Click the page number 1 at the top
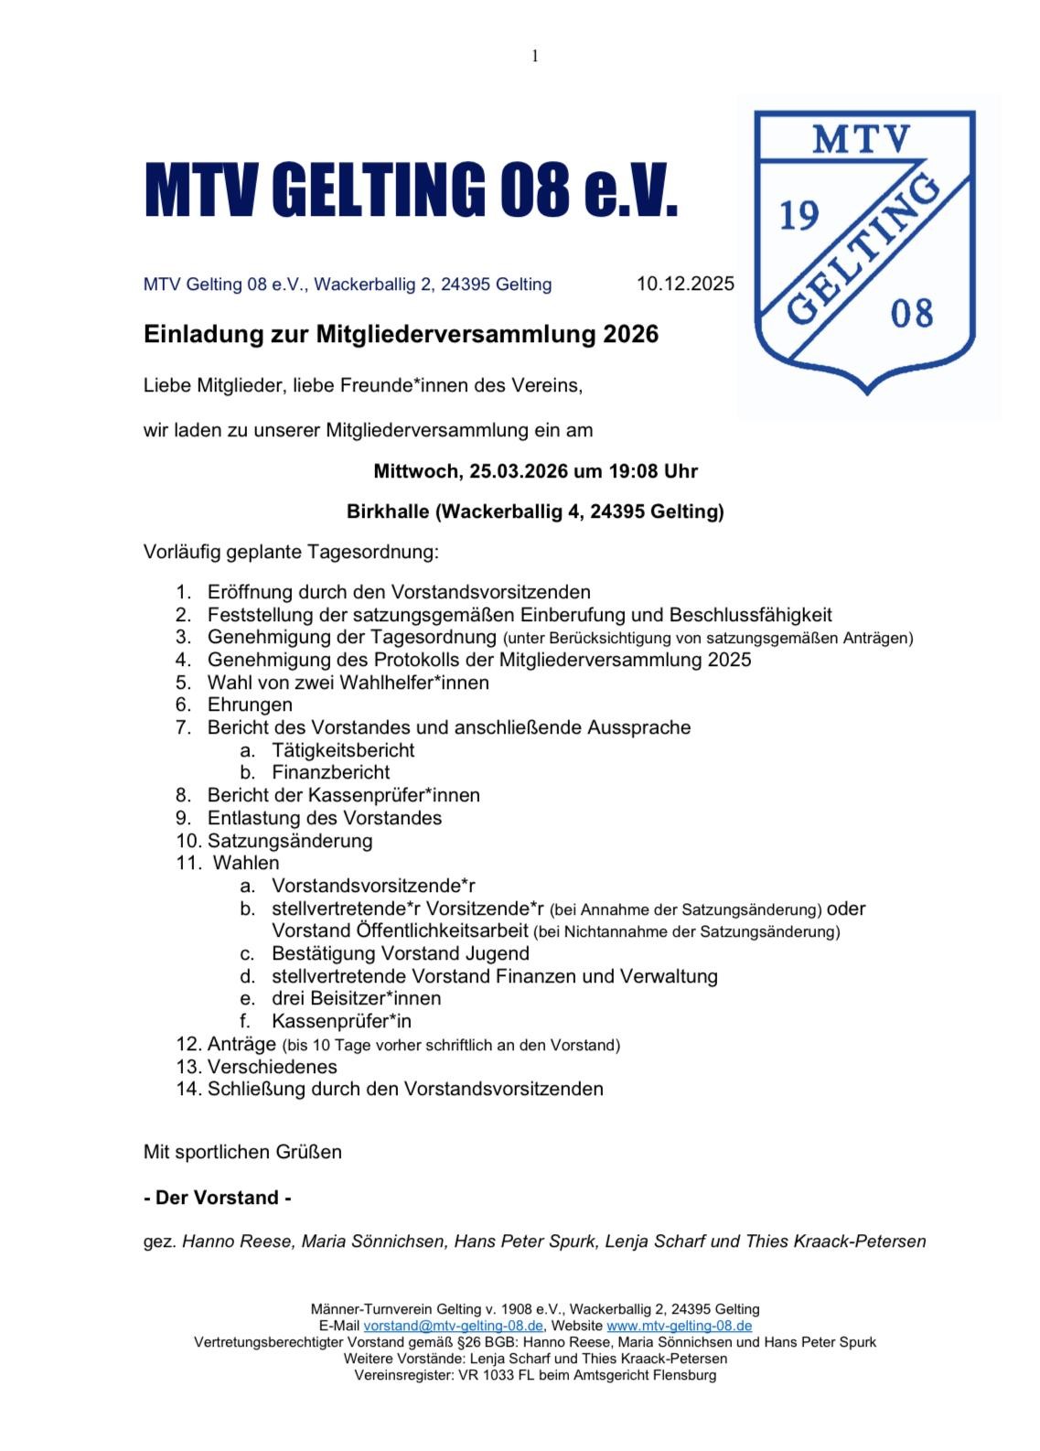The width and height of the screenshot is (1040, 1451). pyautogui.click(x=535, y=57)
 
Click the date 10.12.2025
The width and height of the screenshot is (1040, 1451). pyautogui.click(x=685, y=284)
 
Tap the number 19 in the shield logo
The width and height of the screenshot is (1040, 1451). pyautogui.click(x=799, y=217)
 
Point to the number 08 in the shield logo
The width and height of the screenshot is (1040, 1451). pyautogui.click(x=911, y=313)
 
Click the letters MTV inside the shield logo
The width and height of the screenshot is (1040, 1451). pyautogui.click(x=862, y=140)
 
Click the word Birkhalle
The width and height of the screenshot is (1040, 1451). pyautogui.click(x=388, y=511)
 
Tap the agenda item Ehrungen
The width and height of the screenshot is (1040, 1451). pyautogui.click(x=250, y=704)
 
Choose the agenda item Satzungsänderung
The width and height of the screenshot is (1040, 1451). pyautogui.click(x=290, y=840)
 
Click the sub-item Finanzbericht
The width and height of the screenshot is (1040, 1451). pyautogui.click(x=330, y=772)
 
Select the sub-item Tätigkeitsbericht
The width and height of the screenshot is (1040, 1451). pyautogui.click(x=343, y=750)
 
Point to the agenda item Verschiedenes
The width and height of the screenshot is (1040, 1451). pyautogui.click(x=272, y=1067)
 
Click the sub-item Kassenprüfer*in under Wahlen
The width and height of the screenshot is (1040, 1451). pyautogui.click(x=341, y=1021)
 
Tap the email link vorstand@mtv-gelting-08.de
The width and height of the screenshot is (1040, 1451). pyautogui.click(x=454, y=1325)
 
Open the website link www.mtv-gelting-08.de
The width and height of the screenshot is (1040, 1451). pyautogui.click(x=679, y=1325)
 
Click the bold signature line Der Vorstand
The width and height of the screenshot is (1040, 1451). pyautogui.click(x=218, y=1198)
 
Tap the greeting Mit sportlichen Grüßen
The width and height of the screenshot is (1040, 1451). pyautogui.click(x=242, y=1152)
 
